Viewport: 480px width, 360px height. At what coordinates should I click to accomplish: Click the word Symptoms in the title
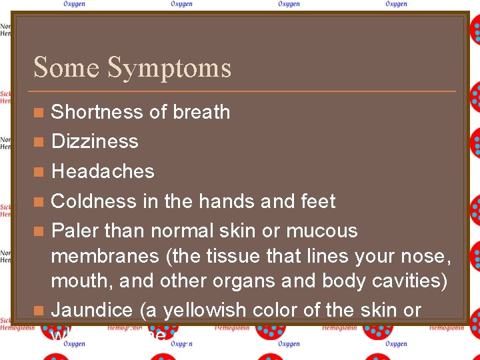tap(169, 68)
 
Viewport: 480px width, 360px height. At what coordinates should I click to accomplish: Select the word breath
tap(201, 112)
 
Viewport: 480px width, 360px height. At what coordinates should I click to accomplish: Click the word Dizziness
tap(95, 141)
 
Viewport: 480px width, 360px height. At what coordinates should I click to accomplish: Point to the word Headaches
tap(103, 171)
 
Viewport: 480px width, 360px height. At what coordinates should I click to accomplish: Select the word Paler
tap(74, 231)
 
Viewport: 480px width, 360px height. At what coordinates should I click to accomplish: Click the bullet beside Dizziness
tap(39, 142)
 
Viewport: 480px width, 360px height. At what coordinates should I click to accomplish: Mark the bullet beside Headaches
tap(39, 172)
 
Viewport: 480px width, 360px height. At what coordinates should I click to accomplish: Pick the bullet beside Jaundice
tap(39, 311)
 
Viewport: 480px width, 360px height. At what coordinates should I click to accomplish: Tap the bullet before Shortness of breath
tap(39, 113)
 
